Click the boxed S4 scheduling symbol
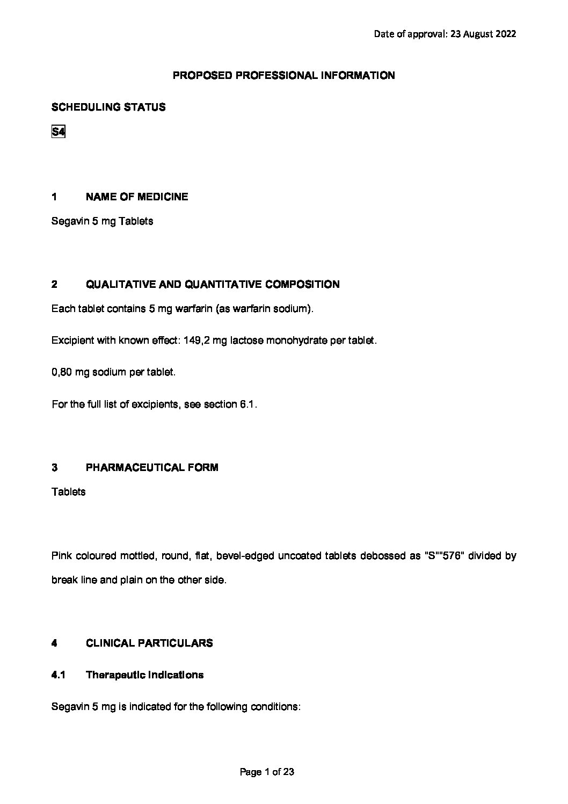58,132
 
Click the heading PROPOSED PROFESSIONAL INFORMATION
283,76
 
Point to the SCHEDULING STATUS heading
108,107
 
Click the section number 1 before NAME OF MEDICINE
54,197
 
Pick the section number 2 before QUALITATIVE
54,285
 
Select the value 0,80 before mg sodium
62,372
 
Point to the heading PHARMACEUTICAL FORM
152,468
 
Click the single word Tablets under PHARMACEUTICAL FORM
68,492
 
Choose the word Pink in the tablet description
62,555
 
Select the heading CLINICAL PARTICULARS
149,643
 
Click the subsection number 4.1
58,675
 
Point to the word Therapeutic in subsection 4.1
114,675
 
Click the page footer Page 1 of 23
267,772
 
